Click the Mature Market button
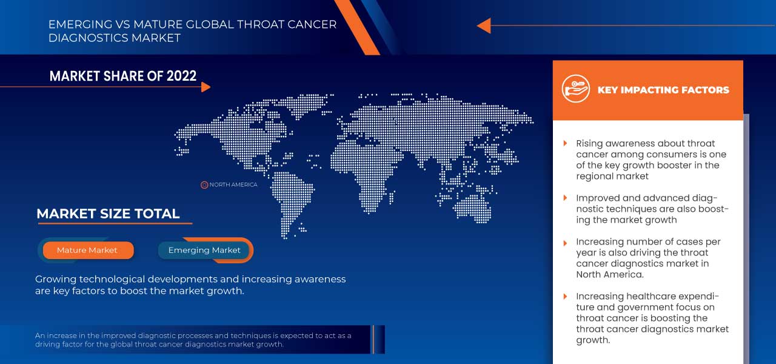[87, 250]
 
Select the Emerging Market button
[204, 250]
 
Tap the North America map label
[233, 184]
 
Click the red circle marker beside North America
[204, 184]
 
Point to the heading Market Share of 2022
[123, 76]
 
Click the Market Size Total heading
[108, 214]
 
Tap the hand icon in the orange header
[575, 89]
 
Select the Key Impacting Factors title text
[663, 90]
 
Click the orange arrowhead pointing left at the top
[483, 25]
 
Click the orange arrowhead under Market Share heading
[206, 87]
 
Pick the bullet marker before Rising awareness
[565, 143]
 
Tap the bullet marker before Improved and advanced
[565, 198]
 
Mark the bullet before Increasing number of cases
[565, 241]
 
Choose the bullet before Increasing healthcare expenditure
[565, 296]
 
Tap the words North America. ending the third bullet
[609, 274]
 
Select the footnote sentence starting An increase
[193, 340]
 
